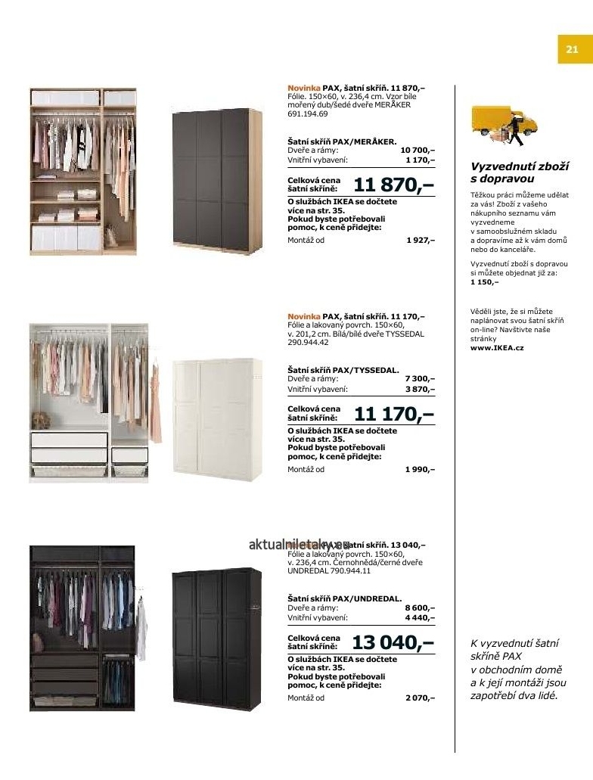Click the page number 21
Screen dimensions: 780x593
[x=571, y=50]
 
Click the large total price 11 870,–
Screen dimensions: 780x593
[x=393, y=185]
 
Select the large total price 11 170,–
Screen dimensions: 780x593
[x=393, y=414]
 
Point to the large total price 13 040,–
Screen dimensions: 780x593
[x=393, y=643]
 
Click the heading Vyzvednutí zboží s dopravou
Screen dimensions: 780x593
[x=519, y=172]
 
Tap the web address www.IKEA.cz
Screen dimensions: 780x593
[x=497, y=348]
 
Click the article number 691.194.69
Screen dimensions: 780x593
[x=307, y=114]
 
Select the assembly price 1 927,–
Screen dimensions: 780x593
[x=420, y=240]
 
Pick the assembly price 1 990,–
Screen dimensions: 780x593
[x=420, y=469]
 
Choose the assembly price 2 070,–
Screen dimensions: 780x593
[x=420, y=698]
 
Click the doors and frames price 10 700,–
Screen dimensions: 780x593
[x=418, y=151]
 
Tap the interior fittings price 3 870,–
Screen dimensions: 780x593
[x=420, y=389]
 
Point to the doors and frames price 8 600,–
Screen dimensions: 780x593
[x=420, y=608]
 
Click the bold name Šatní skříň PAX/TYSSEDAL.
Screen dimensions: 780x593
[x=343, y=369]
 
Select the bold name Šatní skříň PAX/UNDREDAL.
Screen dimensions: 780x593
[x=344, y=598]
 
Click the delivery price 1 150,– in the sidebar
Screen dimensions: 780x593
[x=484, y=281]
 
